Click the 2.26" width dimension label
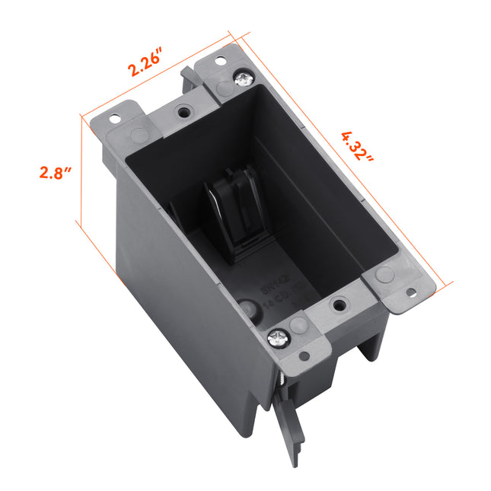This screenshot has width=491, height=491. (147, 60)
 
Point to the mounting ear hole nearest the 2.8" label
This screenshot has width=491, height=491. (115, 119)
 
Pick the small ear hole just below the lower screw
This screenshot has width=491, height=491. (304, 355)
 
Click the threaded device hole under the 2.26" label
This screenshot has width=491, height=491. (183, 111)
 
